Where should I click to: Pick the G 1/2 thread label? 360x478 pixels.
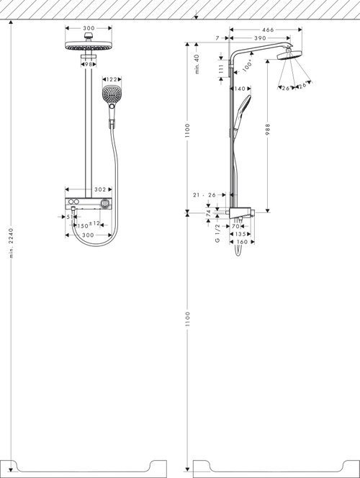pyautogui.click(x=217, y=233)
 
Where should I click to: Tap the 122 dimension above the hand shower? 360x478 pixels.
pyautogui.click(x=112, y=79)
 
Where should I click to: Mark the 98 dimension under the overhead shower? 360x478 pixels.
pyautogui.click(x=88, y=65)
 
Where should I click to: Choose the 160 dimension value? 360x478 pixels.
pyautogui.click(x=242, y=242)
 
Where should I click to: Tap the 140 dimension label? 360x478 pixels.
pyautogui.click(x=240, y=89)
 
